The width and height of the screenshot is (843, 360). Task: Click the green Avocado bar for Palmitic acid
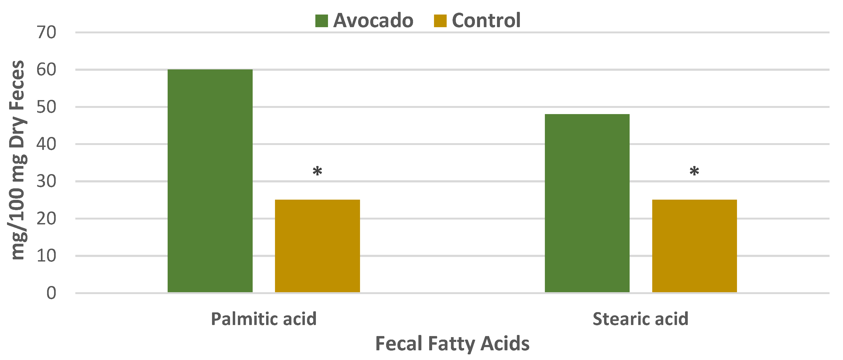(x=210, y=181)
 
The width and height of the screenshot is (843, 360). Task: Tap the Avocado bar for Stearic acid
(x=587, y=203)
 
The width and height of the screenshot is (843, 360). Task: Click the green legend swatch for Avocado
(x=321, y=21)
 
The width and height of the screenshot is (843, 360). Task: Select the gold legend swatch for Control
(x=440, y=21)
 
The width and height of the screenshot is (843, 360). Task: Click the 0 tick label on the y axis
(x=51, y=293)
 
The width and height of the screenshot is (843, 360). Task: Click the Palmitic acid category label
(x=263, y=319)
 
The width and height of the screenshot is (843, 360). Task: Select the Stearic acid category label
(x=640, y=319)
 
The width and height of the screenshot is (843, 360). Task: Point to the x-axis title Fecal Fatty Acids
(x=452, y=344)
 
